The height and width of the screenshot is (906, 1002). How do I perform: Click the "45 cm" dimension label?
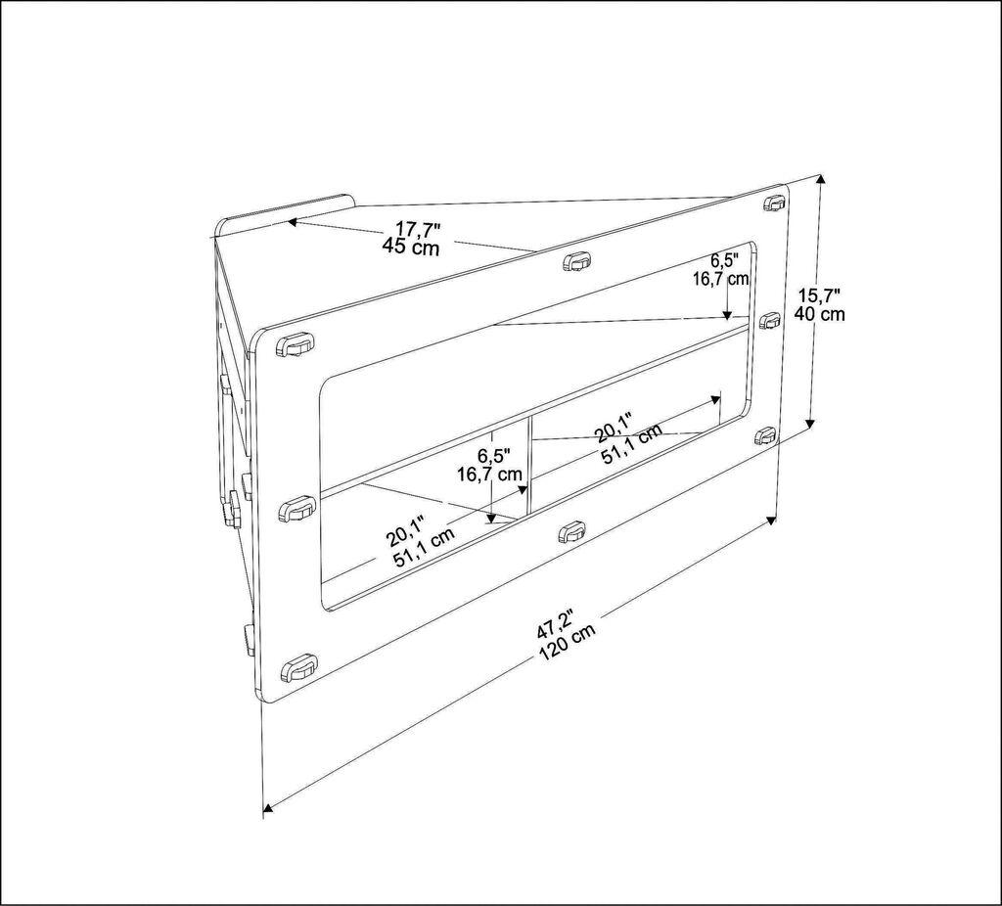click(411, 247)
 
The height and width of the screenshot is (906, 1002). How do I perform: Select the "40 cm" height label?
click(821, 314)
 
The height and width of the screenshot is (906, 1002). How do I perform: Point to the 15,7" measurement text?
click(820, 295)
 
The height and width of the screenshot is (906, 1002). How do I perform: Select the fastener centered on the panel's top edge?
click(577, 261)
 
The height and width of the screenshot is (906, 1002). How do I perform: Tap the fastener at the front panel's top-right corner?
click(774, 204)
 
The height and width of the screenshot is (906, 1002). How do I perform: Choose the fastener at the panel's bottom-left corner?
click(297, 669)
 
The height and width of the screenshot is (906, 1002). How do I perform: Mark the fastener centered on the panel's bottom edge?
click(571, 532)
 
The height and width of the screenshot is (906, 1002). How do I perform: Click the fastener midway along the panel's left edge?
click(296, 509)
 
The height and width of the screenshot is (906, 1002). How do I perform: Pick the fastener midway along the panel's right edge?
click(770, 320)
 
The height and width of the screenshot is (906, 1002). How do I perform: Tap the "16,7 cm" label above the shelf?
click(721, 279)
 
